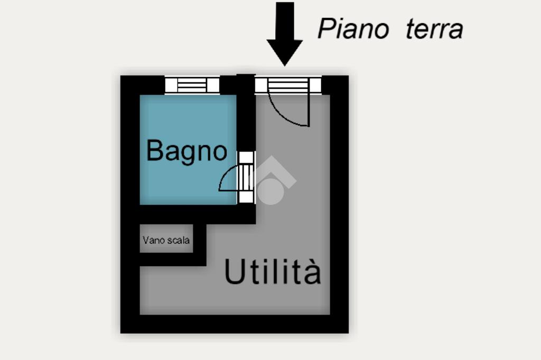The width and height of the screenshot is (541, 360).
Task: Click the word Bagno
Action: point(186,151)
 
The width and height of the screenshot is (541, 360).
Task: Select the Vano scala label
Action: point(166,241)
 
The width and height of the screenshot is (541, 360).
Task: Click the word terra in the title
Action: point(434,29)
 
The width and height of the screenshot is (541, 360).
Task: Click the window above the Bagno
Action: point(192,85)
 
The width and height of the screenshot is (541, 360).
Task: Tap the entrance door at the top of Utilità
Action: point(288,85)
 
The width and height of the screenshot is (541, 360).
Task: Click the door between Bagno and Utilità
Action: point(246,177)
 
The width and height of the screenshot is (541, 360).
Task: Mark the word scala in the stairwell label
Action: point(179,241)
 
